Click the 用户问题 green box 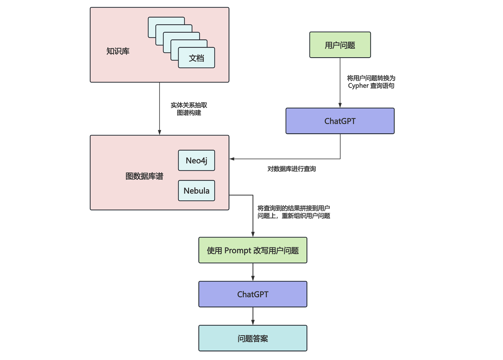pyautogui.click(x=340, y=45)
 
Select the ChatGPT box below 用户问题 pyautogui.click(x=340, y=121)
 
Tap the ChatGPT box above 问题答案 pyautogui.click(x=253, y=294)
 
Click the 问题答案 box pyautogui.click(x=253, y=338)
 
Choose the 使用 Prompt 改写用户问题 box pyautogui.click(x=253, y=250)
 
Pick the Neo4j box pyautogui.click(x=197, y=160)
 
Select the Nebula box pyautogui.click(x=197, y=191)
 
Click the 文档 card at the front pyautogui.click(x=197, y=58)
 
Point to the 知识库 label pyautogui.click(x=118, y=51)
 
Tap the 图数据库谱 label pyautogui.click(x=144, y=176)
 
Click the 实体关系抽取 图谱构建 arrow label pyautogui.click(x=189, y=109)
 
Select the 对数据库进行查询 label pyautogui.click(x=291, y=169)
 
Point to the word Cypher pyautogui.click(x=358, y=86)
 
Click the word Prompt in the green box pyautogui.click(x=237, y=251)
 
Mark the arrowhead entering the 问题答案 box pyautogui.click(x=253, y=323)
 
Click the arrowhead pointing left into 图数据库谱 pyautogui.click(x=232, y=159)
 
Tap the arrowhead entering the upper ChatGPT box pyautogui.click(x=340, y=105)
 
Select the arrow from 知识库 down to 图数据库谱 pyautogui.click(x=160, y=108)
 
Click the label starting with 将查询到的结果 pyautogui.click(x=294, y=212)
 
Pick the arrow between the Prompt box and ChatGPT pyautogui.click(x=253, y=272)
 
